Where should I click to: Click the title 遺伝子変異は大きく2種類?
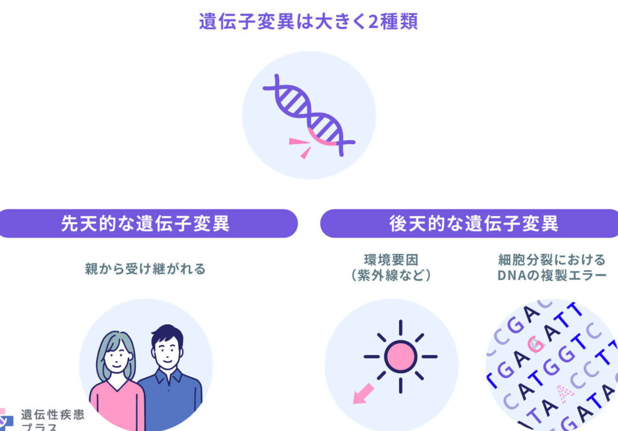(x=308, y=21)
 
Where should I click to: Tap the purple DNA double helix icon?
(x=309, y=115)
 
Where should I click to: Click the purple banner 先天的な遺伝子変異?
(x=146, y=223)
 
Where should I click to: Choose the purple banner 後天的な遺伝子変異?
(x=469, y=223)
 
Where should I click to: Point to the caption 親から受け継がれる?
(x=145, y=269)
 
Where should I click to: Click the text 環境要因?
(x=391, y=260)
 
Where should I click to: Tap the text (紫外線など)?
(x=391, y=275)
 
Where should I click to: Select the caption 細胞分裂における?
(x=552, y=260)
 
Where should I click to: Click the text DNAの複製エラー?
(x=552, y=275)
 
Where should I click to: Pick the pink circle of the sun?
(x=401, y=357)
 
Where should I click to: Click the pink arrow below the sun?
(x=363, y=393)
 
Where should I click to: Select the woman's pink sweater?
(x=118, y=406)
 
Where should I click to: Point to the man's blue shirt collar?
(x=169, y=377)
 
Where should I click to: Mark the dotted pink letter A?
(x=564, y=393)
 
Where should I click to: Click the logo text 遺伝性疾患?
(x=53, y=415)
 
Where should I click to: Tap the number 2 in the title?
(x=373, y=22)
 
